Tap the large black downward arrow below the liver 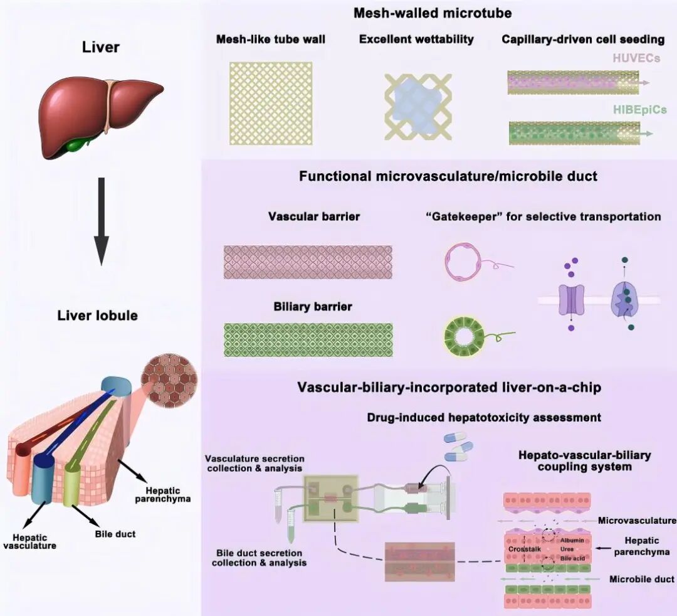tap(102, 221)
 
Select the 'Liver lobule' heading tap(98, 316)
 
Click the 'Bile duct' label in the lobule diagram tap(115, 534)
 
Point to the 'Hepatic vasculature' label tap(30, 542)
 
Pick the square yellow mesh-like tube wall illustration tap(271, 104)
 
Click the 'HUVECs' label tap(636, 58)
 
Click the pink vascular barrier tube tap(308, 262)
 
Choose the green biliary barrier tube tap(308, 340)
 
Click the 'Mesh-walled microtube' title tap(433, 13)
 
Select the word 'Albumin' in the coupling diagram tap(572, 540)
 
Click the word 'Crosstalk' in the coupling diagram tap(525, 549)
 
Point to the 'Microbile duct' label tap(642, 579)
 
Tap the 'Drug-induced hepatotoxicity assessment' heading tap(484, 417)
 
